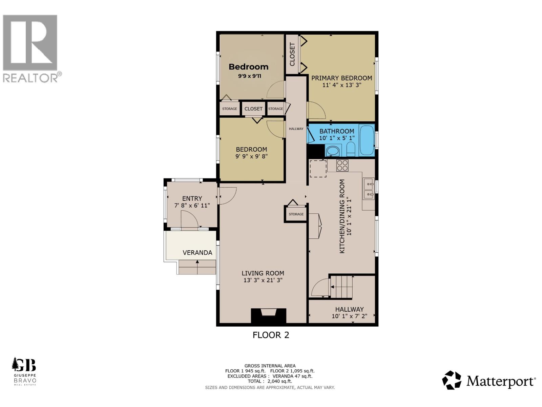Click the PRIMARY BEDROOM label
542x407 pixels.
[x=341, y=78]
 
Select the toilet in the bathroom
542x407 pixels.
[x=351, y=149]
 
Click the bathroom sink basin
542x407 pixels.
[x=333, y=151]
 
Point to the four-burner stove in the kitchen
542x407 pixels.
[x=342, y=166]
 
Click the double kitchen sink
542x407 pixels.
[x=368, y=189]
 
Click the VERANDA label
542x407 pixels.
[x=197, y=253]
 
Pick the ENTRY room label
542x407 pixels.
[x=192, y=198]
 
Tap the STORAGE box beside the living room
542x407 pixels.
[x=296, y=214]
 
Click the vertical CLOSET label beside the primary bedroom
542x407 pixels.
[x=292, y=54]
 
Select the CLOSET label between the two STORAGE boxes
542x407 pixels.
[x=253, y=109]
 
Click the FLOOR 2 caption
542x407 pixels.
[x=271, y=335]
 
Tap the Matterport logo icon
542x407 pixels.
[x=452, y=380]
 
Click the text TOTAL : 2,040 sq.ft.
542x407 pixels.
[x=270, y=381]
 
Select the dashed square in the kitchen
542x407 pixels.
[x=318, y=169]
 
